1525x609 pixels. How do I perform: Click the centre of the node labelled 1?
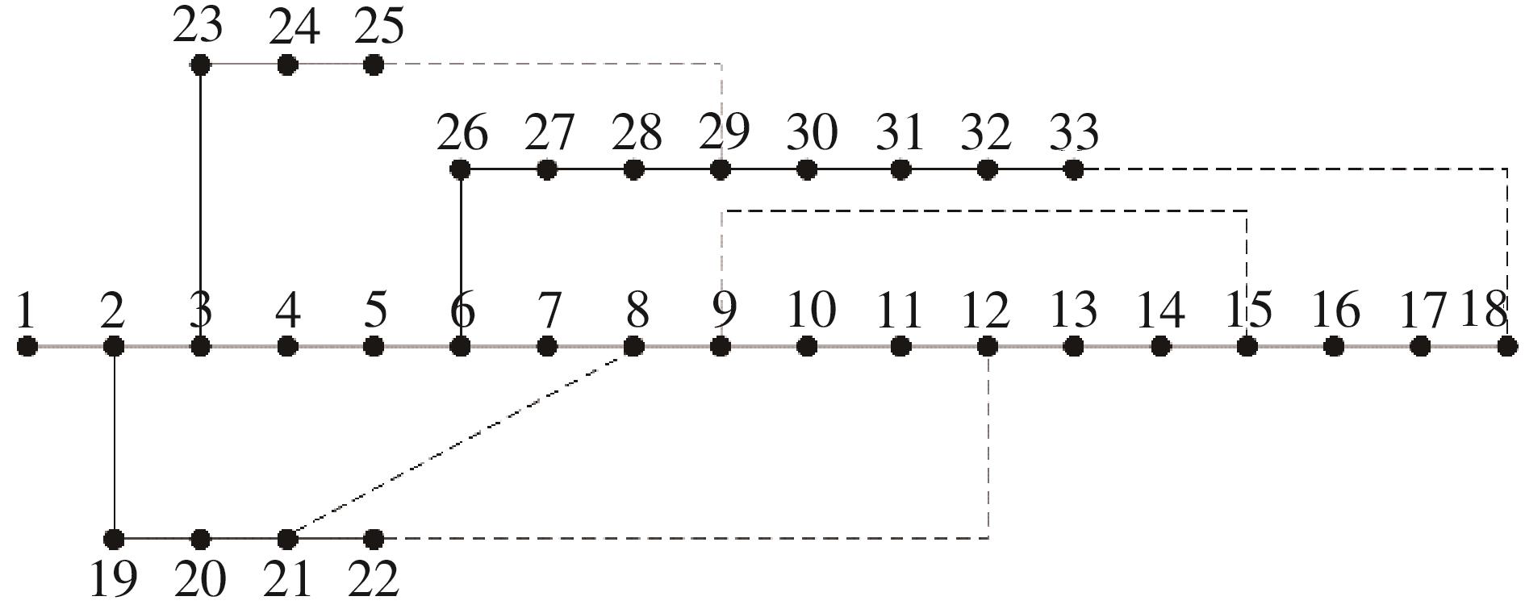tap(27, 347)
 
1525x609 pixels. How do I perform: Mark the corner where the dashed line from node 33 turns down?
tap(1507, 169)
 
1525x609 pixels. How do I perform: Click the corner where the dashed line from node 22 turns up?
tap(988, 537)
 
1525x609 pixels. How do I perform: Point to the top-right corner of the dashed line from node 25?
tap(721, 64)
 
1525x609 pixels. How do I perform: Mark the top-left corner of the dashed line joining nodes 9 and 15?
tap(722, 211)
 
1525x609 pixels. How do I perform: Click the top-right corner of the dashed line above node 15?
tap(1247, 211)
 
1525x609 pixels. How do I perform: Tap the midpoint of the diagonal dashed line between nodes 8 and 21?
tap(461, 442)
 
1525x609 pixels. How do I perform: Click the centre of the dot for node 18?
tap(1506, 347)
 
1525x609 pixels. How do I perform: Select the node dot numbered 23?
tap(200, 65)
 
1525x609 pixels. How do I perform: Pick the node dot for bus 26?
tap(460, 169)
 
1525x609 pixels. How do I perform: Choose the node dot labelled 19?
tap(115, 538)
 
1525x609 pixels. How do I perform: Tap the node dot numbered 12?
tap(987, 347)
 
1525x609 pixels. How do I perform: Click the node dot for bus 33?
tap(1073, 169)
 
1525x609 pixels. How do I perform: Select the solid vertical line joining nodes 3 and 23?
tap(200, 206)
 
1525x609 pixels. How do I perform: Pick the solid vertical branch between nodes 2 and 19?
tap(115, 442)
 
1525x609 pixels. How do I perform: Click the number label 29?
tap(724, 132)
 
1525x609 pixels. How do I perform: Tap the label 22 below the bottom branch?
tap(374, 578)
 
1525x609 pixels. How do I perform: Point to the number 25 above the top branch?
tap(378, 27)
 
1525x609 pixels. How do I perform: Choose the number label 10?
tap(812, 311)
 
